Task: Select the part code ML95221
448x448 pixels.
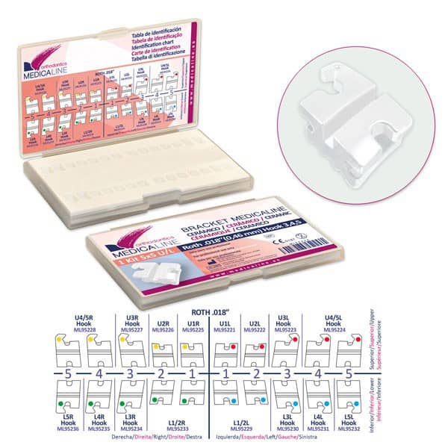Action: [223, 329]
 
